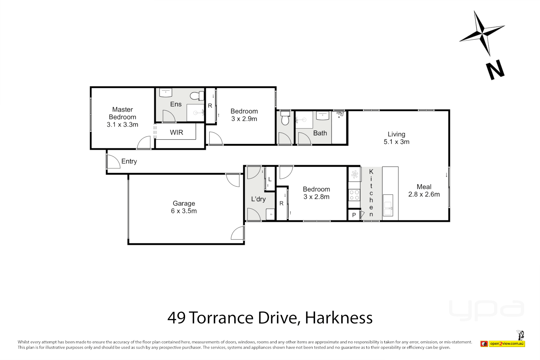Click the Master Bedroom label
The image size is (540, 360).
(122, 113)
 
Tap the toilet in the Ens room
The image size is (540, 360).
(197, 96)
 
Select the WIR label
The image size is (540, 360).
(176, 133)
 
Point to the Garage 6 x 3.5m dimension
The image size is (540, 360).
(184, 211)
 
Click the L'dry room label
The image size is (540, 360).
(258, 199)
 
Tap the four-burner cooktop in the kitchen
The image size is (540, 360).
(354, 195)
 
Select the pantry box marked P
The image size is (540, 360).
(354, 215)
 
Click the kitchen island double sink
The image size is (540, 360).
(388, 205)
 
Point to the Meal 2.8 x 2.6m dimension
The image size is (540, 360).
(424, 194)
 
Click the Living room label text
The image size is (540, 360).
(396, 134)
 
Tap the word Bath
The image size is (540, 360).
(320, 133)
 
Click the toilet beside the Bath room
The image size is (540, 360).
(285, 118)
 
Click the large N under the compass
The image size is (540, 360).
(495, 70)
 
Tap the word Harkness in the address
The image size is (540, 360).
(339, 318)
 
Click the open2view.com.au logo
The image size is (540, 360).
(507, 344)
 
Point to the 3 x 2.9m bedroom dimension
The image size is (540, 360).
(244, 119)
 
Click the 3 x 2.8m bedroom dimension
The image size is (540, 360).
(316, 197)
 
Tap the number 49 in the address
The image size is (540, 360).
(176, 318)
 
